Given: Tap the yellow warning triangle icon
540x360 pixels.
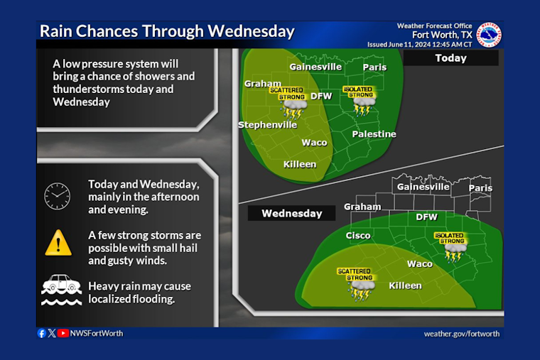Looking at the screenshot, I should (58, 244).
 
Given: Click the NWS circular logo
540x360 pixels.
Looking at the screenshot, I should (489, 35).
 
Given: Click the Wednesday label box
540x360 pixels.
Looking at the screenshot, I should (291, 213).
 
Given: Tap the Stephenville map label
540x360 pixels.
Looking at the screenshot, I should (267, 125).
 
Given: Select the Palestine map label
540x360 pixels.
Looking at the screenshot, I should (374, 134).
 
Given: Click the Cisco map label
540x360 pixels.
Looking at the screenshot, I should (358, 235).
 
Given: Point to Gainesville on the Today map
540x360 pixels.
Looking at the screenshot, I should (315, 67).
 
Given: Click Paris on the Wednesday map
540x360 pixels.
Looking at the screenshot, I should (480, 188).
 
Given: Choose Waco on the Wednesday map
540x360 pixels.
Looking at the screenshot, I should (419, 263).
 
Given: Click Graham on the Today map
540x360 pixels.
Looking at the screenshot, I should (263, 84).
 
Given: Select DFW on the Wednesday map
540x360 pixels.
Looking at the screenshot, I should (426, 217).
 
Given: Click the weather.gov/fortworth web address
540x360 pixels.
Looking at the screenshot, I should (461, 334).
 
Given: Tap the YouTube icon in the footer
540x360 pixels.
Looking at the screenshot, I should (64, 333).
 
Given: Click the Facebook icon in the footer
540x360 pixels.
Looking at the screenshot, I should (41, 333).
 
